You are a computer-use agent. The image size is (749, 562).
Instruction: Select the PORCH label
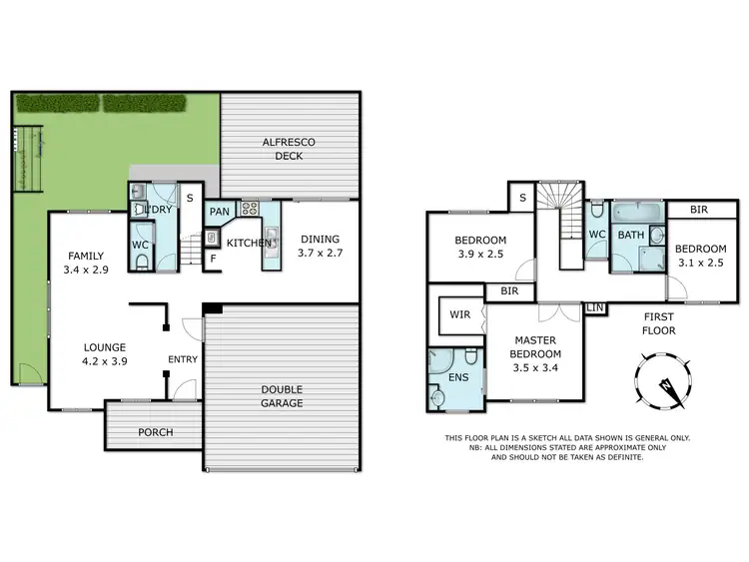[x=155, y=432]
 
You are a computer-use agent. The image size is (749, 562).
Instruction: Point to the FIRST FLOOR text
[x=660, y=322]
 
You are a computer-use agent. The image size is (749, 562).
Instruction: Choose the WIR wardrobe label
[x=459, y=314]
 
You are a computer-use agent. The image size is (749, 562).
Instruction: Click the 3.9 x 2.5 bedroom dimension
[x=480, y=255]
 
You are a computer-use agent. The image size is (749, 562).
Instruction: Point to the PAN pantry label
[x=219, y=212]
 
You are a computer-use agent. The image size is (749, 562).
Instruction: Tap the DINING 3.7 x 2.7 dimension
[x=319, y=254]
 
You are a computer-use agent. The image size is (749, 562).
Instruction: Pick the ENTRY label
[x=183, y=359]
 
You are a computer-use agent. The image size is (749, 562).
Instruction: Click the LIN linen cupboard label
[x=595, y=308]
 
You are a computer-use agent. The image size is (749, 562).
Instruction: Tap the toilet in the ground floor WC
[x=143, y=262]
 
